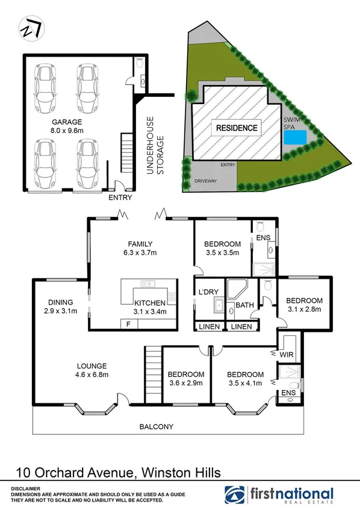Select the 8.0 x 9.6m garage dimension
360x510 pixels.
coord(66,130)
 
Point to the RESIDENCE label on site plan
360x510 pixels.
coord(237,128)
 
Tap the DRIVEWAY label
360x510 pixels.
coord(205,181)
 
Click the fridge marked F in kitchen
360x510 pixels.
coord(128,324)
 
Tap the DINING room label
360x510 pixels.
coord(61,302)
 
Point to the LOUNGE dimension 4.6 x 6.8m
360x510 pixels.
coord(92,375)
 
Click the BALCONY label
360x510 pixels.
coord(156,427)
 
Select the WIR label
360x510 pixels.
coord(287,355)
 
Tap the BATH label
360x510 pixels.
coord(244,305)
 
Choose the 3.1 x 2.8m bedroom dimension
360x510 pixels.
coord(304,309)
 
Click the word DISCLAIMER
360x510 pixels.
coord(25,489)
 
